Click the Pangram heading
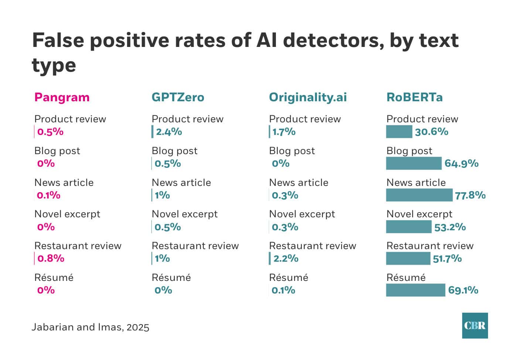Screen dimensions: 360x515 point(62,97)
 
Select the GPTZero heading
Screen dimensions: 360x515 point(178,97)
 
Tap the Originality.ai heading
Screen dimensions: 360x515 point(308,97)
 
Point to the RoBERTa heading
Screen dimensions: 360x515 point(414,97)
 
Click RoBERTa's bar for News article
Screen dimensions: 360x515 point(419,195)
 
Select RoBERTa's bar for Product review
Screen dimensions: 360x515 point(399,132)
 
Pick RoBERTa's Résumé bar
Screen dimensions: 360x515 point(416,290)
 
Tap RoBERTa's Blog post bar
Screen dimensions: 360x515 point(414,163)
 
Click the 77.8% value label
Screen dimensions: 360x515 point(470,195)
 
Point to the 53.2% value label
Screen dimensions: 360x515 point(450,227)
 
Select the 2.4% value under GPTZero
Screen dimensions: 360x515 point(169,132)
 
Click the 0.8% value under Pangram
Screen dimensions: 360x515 point(51,258)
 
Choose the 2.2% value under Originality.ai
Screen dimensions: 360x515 point(286,258)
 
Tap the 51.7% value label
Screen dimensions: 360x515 point(447,258)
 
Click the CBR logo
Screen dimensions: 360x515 point(475,326)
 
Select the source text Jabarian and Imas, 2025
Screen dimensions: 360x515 point(90,327)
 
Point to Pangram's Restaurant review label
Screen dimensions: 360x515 point(78,246)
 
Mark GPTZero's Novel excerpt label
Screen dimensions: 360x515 point(184,214)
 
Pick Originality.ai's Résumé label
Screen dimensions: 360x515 point(288,278)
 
